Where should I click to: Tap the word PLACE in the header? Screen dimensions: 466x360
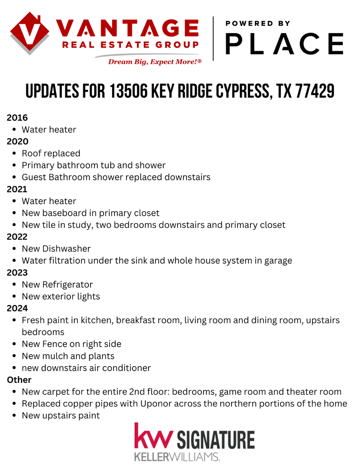284,44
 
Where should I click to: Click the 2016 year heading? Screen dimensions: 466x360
17,117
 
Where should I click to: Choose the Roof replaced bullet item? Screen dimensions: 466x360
51,153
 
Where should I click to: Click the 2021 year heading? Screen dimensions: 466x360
17,189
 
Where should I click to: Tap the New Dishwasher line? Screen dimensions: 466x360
56,249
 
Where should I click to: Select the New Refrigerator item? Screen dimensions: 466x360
57,285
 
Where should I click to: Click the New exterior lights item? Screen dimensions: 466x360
61,297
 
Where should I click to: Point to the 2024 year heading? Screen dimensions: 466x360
17,308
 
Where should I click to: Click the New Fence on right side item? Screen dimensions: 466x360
71,344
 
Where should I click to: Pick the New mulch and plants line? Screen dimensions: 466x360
68,356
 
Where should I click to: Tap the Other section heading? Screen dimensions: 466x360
19,380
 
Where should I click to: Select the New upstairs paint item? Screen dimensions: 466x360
61,416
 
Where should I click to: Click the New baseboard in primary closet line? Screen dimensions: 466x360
90,213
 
